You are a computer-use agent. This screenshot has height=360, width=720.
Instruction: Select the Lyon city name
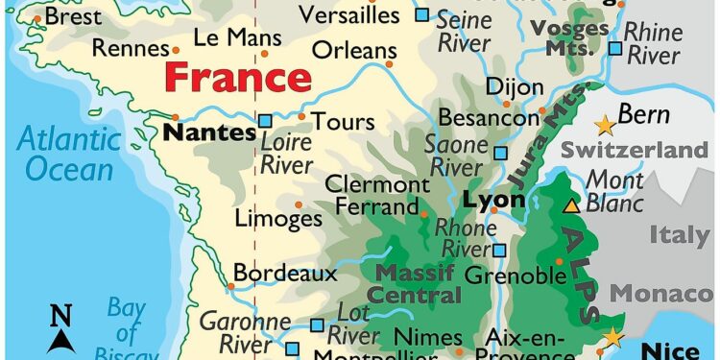click(493, 201)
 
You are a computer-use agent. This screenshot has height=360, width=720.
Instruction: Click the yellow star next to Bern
click(604, 125)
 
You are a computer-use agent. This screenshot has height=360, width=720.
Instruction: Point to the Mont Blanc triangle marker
click(571, 204)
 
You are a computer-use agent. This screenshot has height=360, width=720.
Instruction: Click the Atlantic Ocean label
click(69, 154)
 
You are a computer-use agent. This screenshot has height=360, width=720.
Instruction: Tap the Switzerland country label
click(634, 151)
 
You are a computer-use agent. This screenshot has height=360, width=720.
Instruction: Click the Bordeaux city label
click(285, 274)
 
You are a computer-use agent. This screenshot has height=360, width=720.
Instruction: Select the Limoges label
click(279, 219)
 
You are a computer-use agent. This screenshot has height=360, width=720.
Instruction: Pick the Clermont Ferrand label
click(376, 195)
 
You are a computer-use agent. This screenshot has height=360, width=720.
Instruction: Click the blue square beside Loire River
click(265, 121)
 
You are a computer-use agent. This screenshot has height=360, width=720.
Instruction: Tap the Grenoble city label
click(515, 276)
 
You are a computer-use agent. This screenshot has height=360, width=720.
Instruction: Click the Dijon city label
click(514, 86)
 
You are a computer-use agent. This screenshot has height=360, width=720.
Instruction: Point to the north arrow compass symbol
click(61, 327)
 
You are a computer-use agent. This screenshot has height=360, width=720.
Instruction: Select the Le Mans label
click(237, 38)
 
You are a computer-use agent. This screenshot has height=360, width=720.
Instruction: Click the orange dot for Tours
click(301, 117)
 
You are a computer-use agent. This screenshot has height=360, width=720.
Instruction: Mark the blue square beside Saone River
click(499, 153)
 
